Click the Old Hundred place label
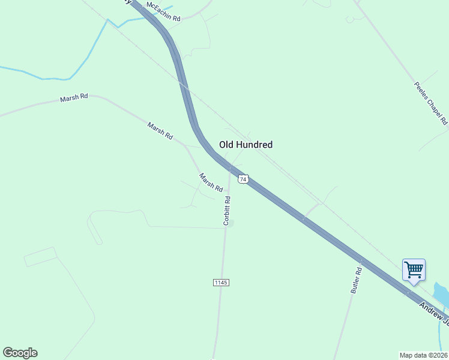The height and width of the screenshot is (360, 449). (x=246, y=145)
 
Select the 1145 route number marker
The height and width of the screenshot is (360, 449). (x=221, y=282)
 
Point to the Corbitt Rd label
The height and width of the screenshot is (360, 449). (x=227, y=211)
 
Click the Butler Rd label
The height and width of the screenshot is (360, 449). (x=357, y=280)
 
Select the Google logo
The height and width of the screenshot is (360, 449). (x=20, y=353)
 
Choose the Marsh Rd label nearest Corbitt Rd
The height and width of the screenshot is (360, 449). (x=211, y=182)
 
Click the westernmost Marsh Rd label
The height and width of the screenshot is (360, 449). (x=74, y=98)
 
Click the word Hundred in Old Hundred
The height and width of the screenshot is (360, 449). (x=255, y=145)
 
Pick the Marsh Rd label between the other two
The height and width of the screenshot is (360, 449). (x=160, y=130)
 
